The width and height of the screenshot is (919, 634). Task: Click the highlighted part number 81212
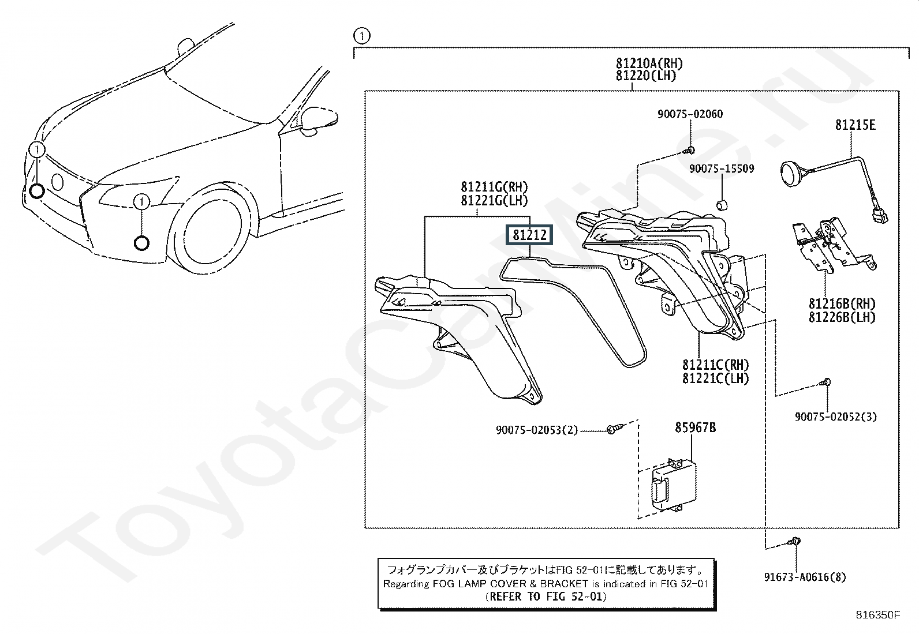coord(529,235)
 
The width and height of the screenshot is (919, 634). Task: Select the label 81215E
coord(855,125)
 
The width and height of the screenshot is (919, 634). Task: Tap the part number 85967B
coord(696,427)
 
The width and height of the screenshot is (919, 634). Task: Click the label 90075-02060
coord(690,114)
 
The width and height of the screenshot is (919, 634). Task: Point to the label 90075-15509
coord(722,169)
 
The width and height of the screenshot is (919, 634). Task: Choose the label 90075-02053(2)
coord(536,430)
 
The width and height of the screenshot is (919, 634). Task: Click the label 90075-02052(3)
coord(835,417)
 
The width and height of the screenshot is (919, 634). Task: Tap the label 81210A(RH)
coord(649,63)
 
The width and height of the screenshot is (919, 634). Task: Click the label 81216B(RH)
coord(842,304)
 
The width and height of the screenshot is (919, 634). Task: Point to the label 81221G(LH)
coord(494,200)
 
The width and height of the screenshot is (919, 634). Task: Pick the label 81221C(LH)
coord(715,378)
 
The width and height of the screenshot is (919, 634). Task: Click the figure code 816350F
coord(878,615)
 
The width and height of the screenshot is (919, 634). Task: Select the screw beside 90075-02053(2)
coord(613,429)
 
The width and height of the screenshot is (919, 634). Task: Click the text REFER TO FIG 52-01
coord(546,597)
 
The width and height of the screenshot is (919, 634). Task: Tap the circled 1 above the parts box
coord(361,36)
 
